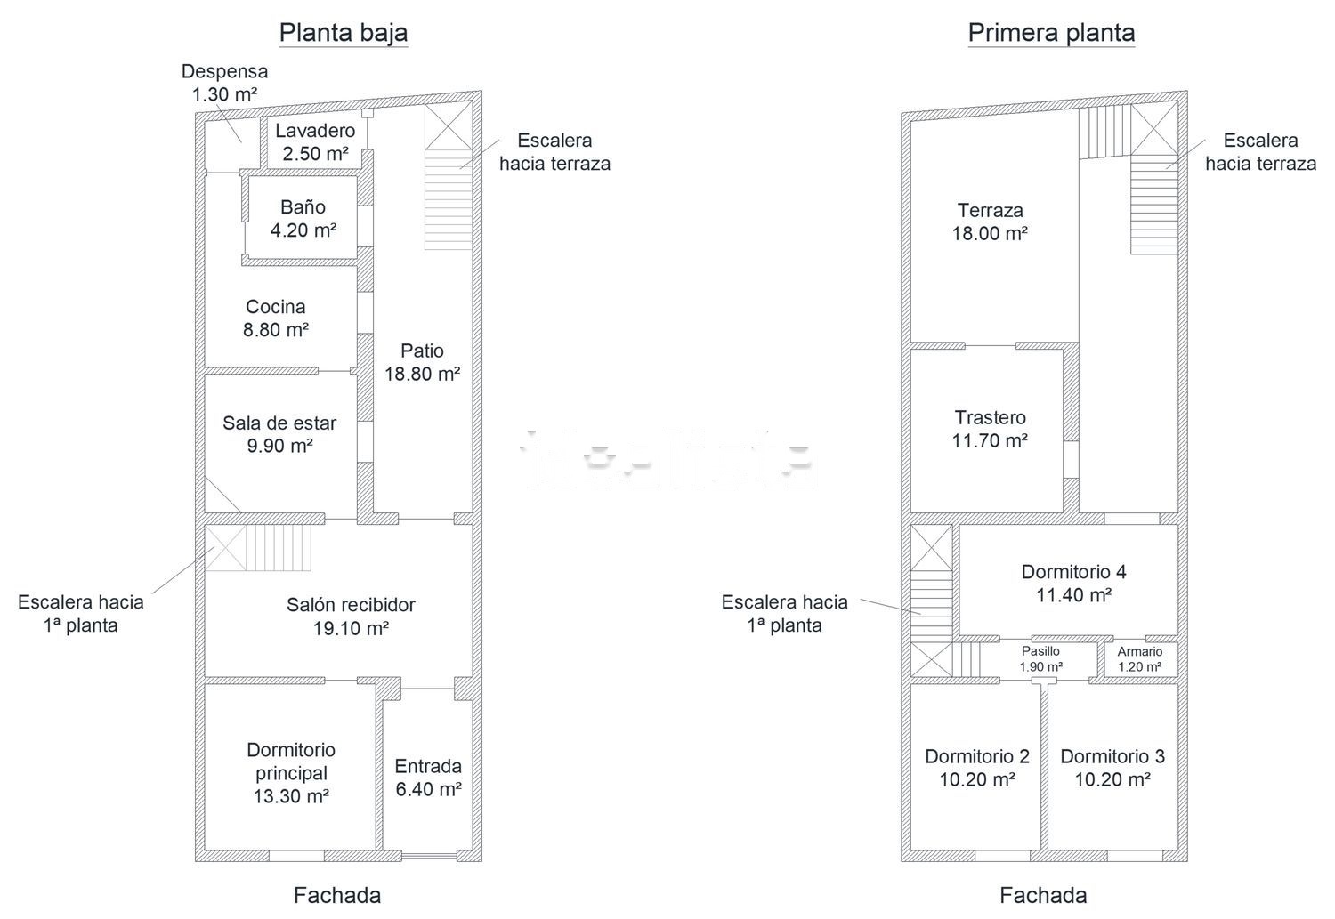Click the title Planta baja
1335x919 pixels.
click(344, 32)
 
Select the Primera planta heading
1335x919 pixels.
click(1051, 32)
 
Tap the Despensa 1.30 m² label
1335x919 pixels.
click(224, 82)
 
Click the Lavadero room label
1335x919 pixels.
click(315, 141)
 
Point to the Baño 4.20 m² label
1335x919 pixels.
click(303, 219)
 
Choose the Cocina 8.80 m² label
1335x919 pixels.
click(275, 318)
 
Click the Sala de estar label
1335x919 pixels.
click(279, 434)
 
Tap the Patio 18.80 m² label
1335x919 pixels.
click(422, 362)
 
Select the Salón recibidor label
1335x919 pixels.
click(351, 617)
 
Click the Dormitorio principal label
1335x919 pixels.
click(291, 772)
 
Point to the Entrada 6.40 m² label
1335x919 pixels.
click(428, 778)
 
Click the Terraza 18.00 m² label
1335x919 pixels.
click(990, 222)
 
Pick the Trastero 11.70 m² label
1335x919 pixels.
click(990, 429)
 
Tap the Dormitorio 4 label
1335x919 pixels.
click(1074, 583)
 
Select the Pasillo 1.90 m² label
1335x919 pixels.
click(1040, 658)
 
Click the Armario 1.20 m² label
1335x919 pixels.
click(1139, 658)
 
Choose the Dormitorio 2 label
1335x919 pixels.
click(977, 768)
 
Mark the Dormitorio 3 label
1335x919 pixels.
click(1112, 768)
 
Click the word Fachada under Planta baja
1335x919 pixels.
click(337, 895)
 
